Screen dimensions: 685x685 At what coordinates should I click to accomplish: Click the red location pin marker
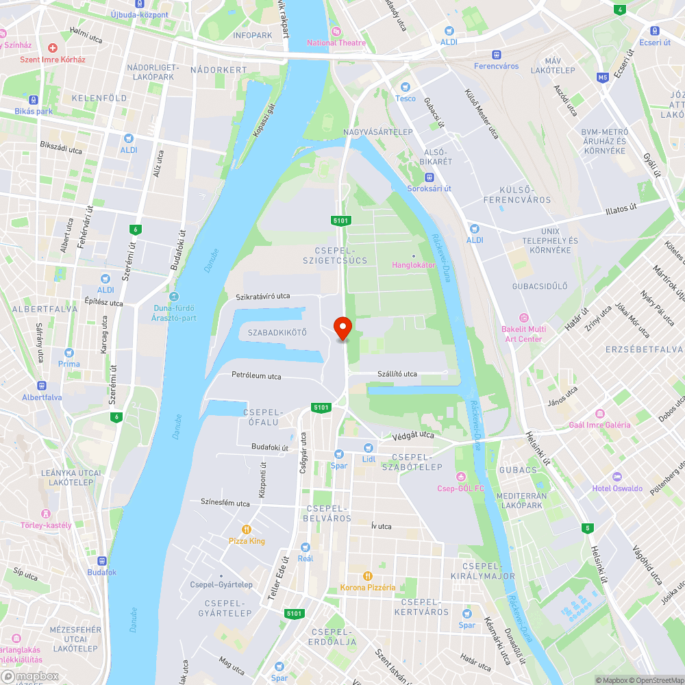[x=342, y=328]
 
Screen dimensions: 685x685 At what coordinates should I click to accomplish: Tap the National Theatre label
[x=336, y=42]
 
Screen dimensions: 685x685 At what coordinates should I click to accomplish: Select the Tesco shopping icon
[x=406, y=87]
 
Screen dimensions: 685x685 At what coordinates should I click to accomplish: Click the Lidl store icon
[x=369, y=447]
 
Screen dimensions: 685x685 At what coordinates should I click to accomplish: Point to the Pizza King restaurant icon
[x=247, y=530]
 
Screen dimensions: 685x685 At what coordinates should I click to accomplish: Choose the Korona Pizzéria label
[x=368, y=587]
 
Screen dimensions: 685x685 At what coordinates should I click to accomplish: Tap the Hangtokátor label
[x=413, y=264]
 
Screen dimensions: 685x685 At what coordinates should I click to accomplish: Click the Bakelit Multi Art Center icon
[x=524, y=317]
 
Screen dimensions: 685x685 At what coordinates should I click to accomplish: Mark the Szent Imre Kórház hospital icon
[x=53, y=47]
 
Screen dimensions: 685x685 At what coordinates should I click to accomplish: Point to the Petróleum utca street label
[x=256, y=376]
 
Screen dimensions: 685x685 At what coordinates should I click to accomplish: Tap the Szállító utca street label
[x=397, y=374]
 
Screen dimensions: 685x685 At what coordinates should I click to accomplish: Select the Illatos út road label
[x=621, y=208]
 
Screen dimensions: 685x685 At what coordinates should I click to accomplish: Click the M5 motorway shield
[x=602, y=77]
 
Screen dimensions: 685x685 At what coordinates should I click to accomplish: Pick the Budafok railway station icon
[x=101, y=560]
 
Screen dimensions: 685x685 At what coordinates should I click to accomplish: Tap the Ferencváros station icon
[x=497, y=55]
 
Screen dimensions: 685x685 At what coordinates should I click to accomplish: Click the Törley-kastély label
[x=46, y=525]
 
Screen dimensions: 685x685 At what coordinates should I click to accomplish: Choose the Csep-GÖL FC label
[x=461, y=488]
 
